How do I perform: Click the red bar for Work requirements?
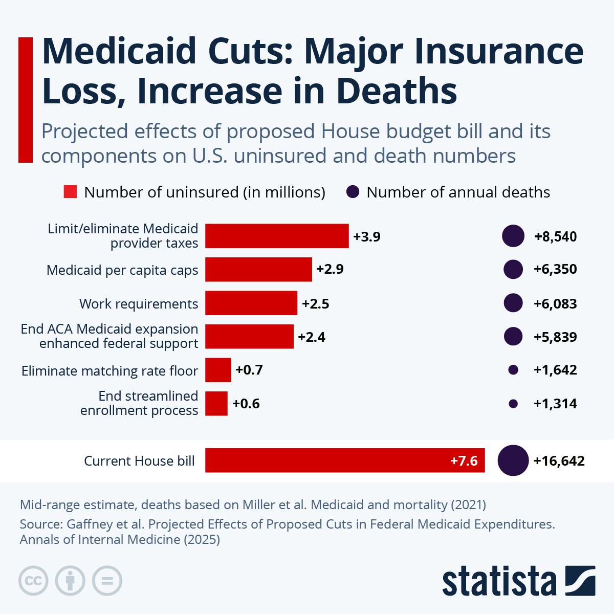(x=251, y=303)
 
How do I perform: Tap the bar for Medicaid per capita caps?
(x=258, y=270)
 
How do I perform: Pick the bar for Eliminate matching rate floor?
(x=218, y=370)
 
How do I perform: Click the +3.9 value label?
(x=367, y=237)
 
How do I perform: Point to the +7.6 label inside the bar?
(x=464, y=461)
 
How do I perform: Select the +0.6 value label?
(x=246, y=404)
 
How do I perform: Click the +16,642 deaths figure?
(x=559, y=461)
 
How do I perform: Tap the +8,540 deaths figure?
(x=555, y=237)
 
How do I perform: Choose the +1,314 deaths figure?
(x=555, y=404)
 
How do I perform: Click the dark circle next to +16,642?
(x=513, y=461)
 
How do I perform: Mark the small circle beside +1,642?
(x=513, y=370)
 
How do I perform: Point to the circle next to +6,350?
(x=513, y=270)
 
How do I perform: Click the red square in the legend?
(x=70, y=192)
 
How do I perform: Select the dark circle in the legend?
(x=353, y=192)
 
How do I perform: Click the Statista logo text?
(x=499, y=582)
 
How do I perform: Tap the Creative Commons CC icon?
(x=33, y=581)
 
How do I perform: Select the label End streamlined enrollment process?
(x=139, y=403)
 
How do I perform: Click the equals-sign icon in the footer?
(x=107, y=581)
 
